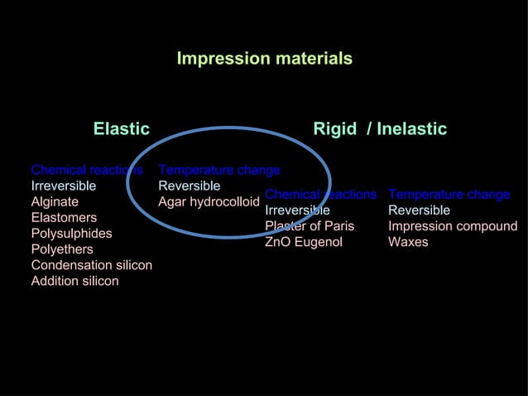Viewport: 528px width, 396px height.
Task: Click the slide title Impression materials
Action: point(264,59)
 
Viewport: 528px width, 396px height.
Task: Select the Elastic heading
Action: point(121,129)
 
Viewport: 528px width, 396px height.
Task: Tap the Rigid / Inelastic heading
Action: point(379,129)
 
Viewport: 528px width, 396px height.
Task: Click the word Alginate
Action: point(55,202)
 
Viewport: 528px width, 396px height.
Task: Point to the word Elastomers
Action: point(64,218)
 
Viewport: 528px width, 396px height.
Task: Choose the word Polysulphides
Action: point(71,234)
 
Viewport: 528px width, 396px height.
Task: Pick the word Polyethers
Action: point(62,249)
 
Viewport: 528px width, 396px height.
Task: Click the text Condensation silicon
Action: point(91,265)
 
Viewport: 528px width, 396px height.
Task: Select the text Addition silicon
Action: point(74,281)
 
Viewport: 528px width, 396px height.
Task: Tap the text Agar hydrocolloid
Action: point(209,202)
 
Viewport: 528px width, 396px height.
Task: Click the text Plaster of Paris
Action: point(309,226)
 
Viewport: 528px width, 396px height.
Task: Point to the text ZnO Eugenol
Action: point(303,242)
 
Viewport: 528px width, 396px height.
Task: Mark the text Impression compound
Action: point(453,226)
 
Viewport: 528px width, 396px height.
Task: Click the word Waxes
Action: point(408,242)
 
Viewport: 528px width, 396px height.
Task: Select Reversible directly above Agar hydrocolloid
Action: point(189,186)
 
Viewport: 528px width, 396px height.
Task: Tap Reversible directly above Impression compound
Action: point(419,210)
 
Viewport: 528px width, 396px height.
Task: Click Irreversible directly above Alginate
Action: point(63,186)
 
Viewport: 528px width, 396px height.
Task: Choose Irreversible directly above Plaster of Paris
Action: point(297,210)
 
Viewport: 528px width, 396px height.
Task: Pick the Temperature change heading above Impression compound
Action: point(449,195)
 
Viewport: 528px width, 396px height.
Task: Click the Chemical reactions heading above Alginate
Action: point(86,171)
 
